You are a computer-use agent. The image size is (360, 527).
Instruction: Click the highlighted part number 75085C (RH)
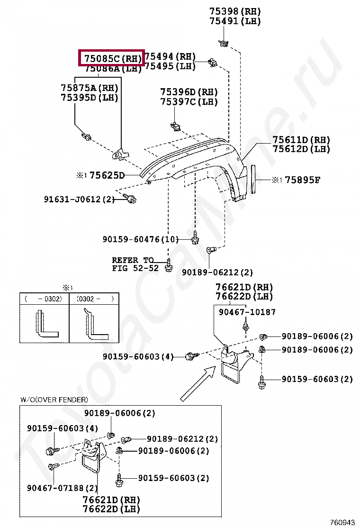click(x=112, y=59)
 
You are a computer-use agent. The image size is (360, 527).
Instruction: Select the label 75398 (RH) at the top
click(x=235, y=11)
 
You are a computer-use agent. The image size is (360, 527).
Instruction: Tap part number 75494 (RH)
click(x=170, y=57)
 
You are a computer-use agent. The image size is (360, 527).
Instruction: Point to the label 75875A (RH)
click(x=90, y=88)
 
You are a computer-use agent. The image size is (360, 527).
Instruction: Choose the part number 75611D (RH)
click(x=301, y=140)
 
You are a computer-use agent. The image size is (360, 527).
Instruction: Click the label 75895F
click(x=303, y=180)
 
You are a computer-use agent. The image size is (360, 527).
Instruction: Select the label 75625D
click(x=107, y=176)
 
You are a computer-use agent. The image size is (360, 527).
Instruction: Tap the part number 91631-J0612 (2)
click(x=80, y=200)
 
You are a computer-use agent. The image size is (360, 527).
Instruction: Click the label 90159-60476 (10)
click(x=141, y=239)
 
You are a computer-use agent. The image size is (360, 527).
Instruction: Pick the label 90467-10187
click(x=247, y=312)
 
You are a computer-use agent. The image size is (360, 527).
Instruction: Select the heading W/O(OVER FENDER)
click(x=54, y=400)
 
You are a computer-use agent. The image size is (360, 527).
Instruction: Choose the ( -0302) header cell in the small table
click(x=44, y=299)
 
